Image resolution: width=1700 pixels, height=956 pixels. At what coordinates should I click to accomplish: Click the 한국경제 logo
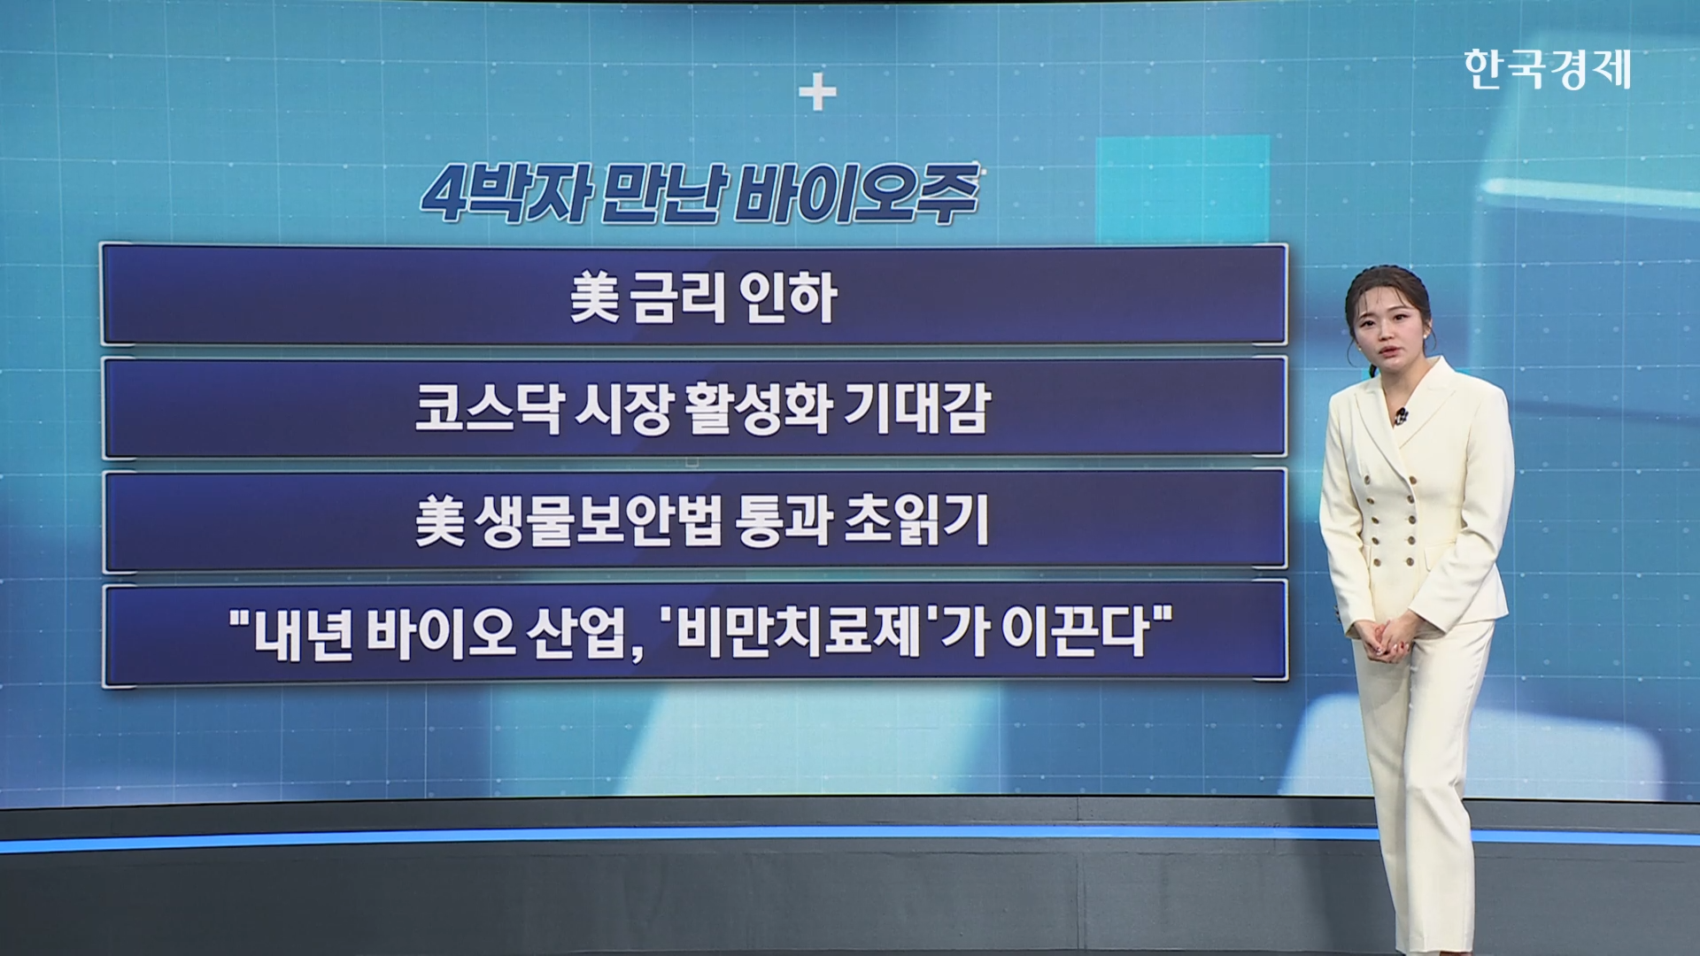point(1547,70)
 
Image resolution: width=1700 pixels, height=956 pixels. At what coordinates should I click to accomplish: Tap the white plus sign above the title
point(817,94)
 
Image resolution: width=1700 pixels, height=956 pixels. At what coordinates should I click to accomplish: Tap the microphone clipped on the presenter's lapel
point(1401,414)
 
